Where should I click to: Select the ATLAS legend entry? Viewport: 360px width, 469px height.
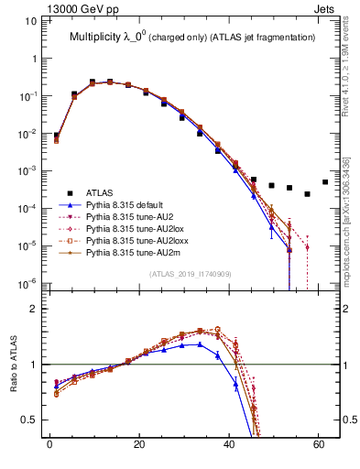click(100, 193)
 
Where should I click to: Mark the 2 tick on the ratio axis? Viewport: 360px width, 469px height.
click(32, 309)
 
